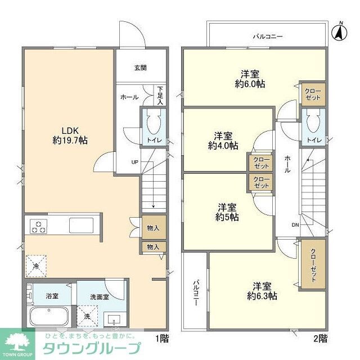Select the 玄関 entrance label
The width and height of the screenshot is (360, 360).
click(140, 68)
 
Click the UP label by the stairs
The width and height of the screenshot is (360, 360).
click(135, 162)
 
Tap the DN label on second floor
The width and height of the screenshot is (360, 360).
click(295, 224)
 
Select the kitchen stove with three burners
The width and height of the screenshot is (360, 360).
click(39, 227)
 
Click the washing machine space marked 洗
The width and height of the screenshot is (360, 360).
click(88, 316)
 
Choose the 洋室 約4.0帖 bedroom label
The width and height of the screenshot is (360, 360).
click(223, 140)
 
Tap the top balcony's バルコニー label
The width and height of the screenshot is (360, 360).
click(267, 36)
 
